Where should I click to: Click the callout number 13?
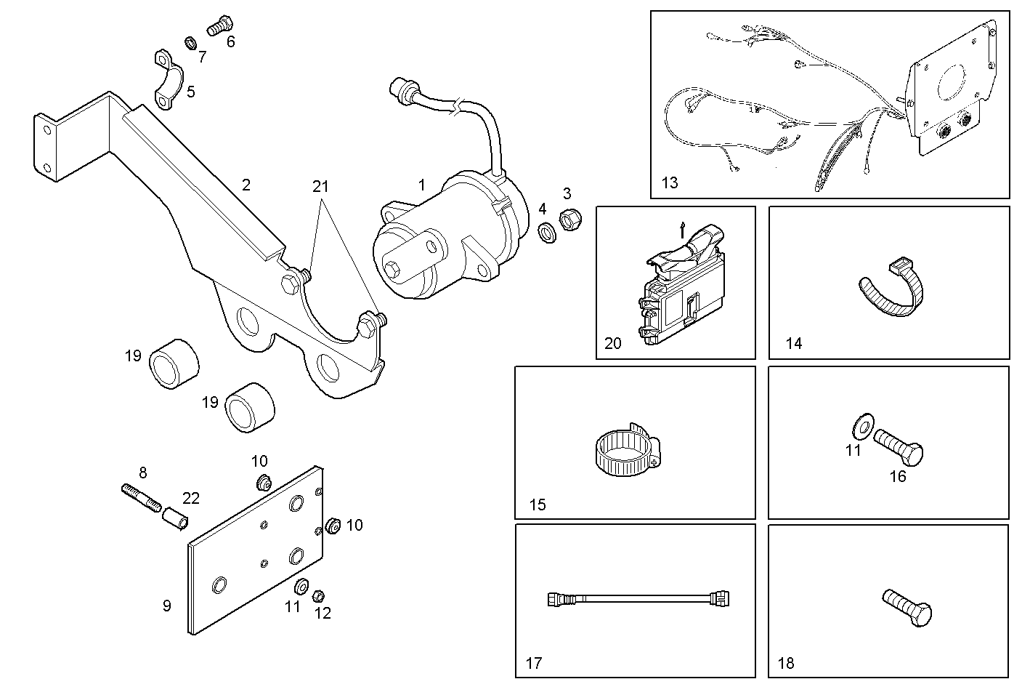click(669, 182)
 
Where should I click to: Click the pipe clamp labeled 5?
click(168, 80)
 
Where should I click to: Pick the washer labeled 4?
click(546, 233)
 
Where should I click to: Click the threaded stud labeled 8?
click(140, 499)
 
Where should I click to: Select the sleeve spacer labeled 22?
click(175, 519)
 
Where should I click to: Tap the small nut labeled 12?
click(317, 596)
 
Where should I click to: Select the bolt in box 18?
click(908, 607)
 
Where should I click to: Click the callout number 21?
click(320, 186)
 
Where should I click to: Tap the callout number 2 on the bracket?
click(246, 185)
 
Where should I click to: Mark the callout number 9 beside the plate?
click(166, 606)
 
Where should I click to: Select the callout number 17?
click(534, 663)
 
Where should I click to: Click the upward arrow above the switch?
click(681, 230)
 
